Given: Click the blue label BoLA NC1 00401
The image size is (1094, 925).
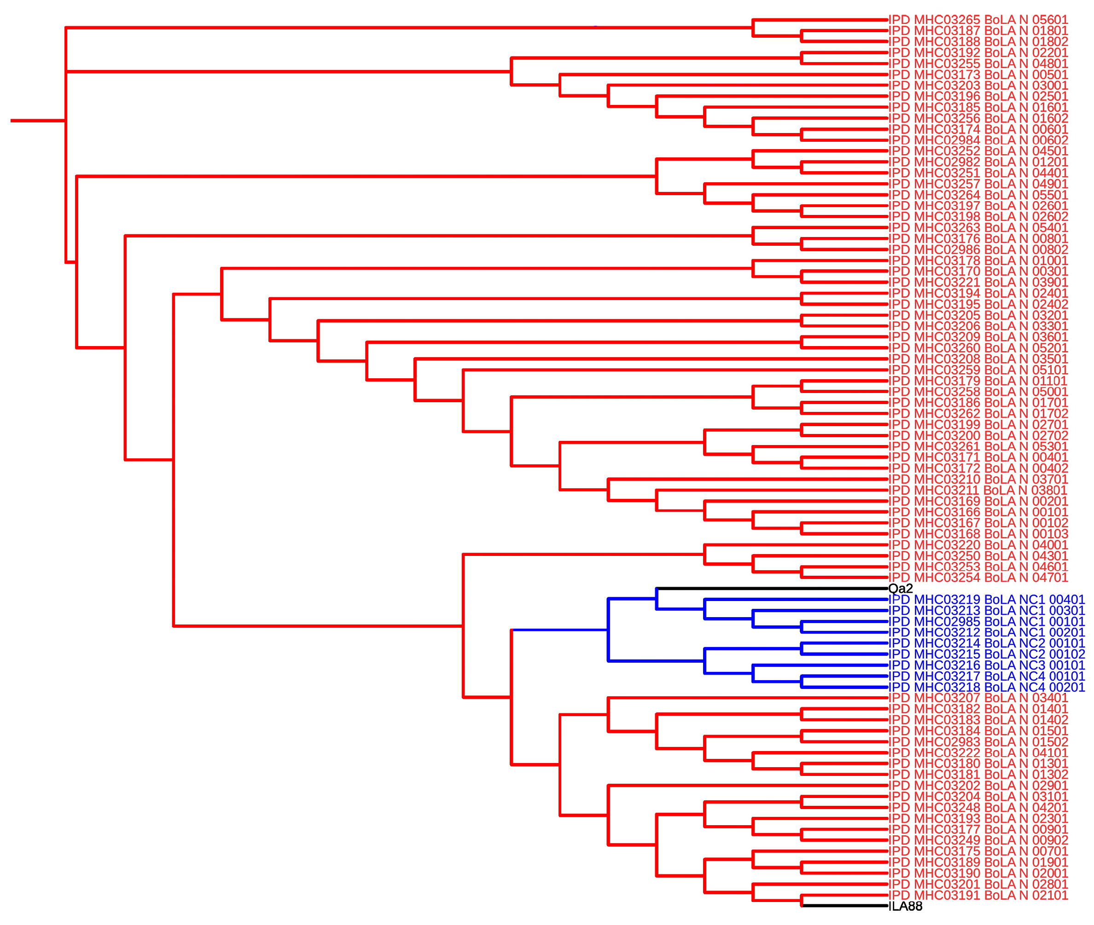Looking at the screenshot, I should point(986,599).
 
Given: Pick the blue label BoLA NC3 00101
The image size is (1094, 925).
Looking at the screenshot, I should point(986,665).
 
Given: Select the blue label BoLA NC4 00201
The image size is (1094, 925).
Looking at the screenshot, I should point(986,688).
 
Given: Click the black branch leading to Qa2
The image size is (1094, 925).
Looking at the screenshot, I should point(771,588).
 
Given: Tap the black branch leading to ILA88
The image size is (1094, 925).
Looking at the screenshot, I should point(845,906).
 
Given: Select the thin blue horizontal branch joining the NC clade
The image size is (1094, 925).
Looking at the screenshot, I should point(559,630).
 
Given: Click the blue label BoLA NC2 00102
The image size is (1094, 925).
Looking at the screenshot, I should point(986,654).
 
